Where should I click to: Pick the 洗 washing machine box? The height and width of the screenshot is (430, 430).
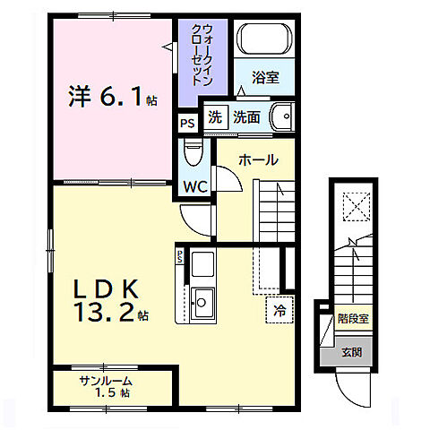[x=215, y=117]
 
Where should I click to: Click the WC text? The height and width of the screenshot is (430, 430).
[x=197, y=186]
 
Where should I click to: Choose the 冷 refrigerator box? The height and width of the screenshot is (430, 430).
[x=279, y=312]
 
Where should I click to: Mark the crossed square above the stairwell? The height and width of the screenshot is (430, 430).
[x=356, y=207]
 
